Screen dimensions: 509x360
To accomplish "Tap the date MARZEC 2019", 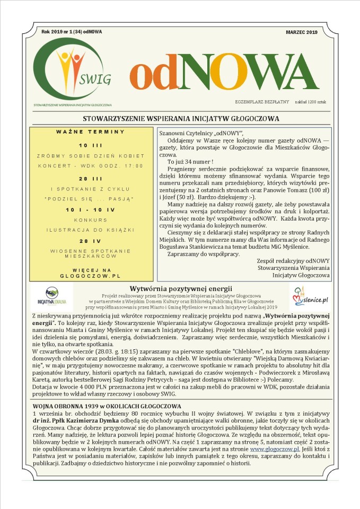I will (x=301, y=32).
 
